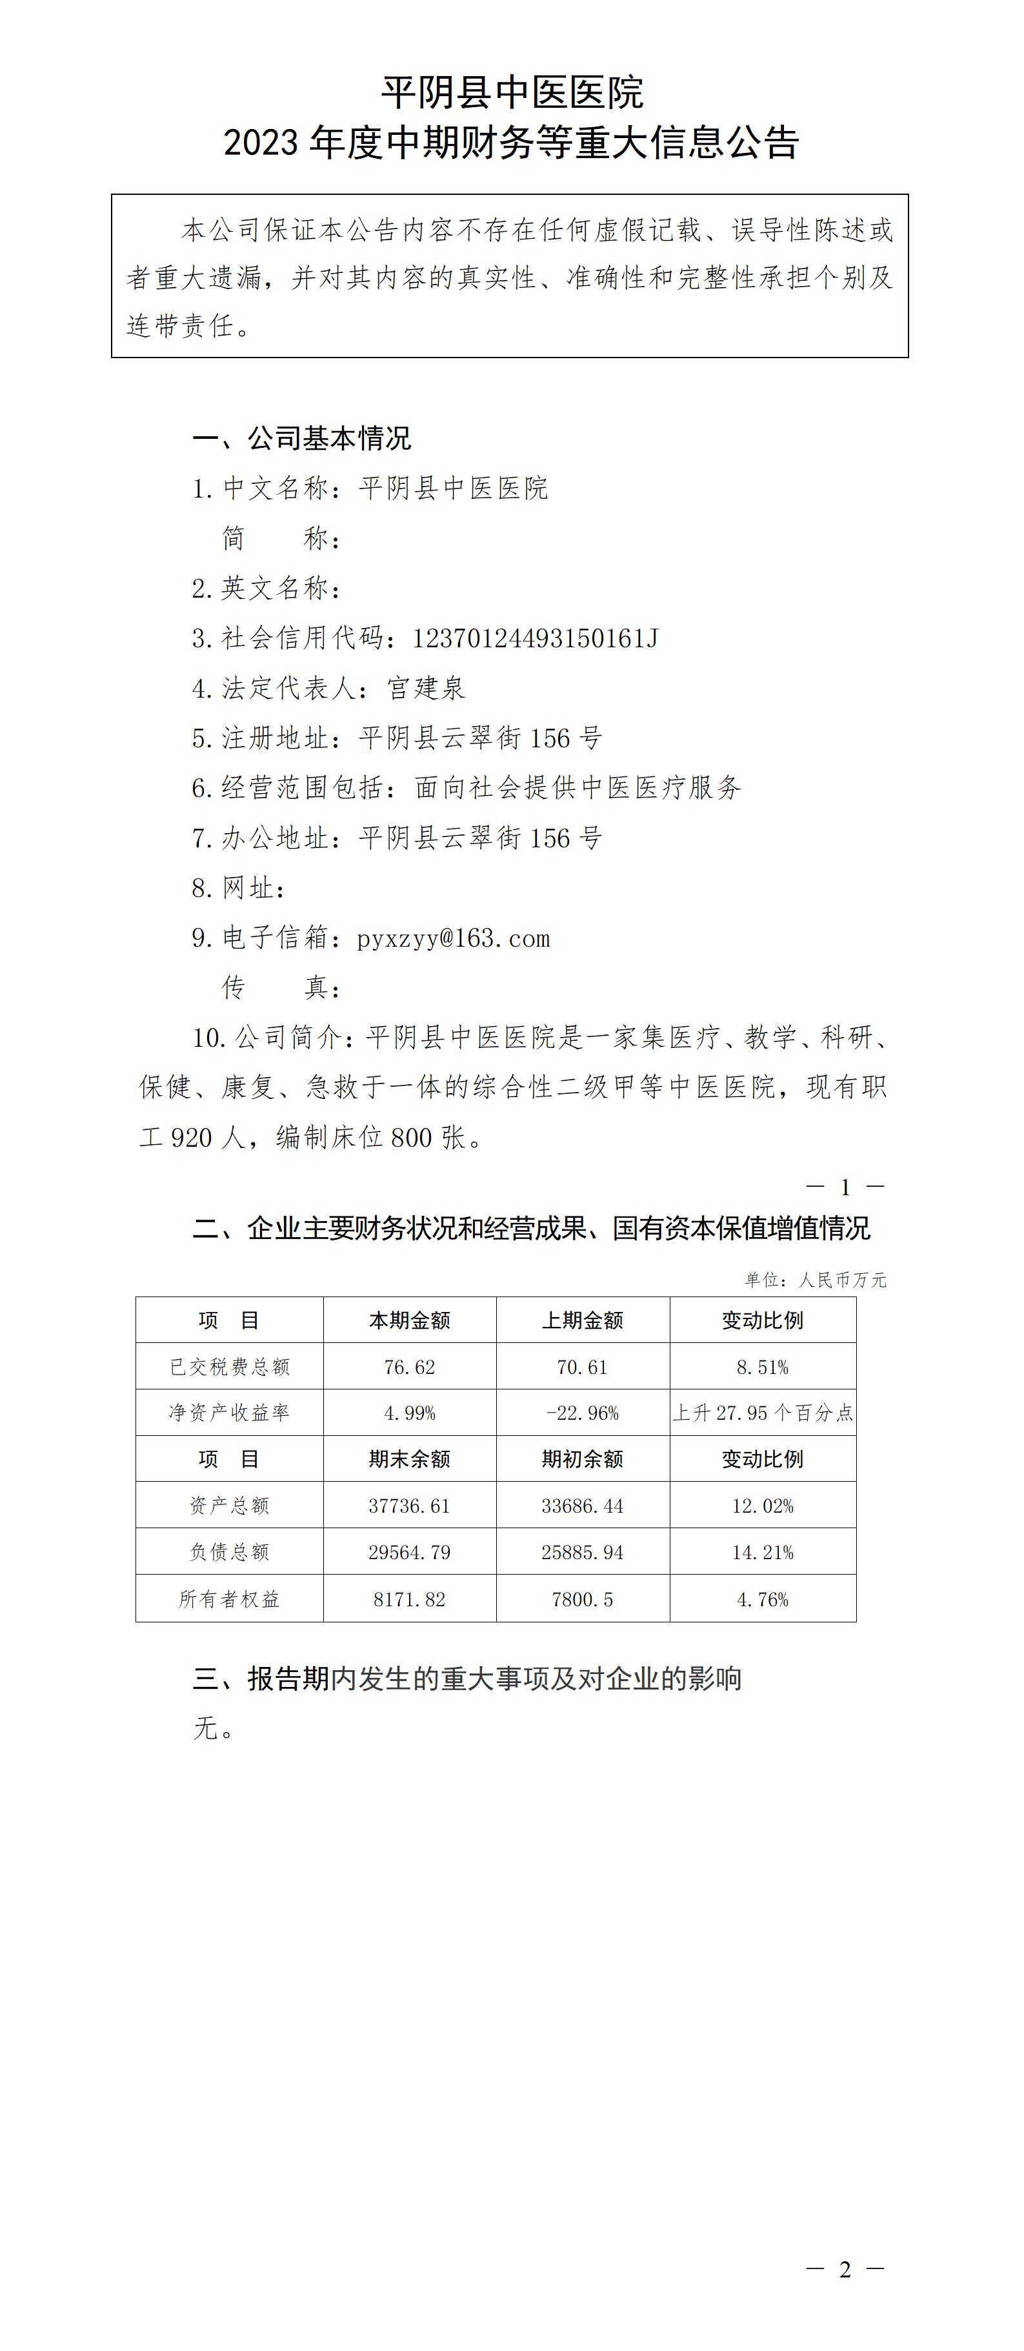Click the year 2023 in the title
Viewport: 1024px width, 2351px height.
click(x=261, y=143)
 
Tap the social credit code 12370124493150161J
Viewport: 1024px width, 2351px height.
click(x=535, y=638)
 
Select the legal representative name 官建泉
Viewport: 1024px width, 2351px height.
click(x=427, y=688)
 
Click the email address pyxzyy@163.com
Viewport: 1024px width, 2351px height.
click(x=454, y=938)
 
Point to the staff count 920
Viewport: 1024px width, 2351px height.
click(x=192, y=1137)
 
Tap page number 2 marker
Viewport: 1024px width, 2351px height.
click(x=845, y=2269)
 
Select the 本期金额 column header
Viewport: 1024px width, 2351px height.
click(x=410, y=1320)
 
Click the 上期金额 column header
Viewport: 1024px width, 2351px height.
click(x=582, y=1320)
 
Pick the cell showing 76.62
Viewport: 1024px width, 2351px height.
click(x=410, y=1367)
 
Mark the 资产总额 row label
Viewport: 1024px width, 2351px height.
click(x=229, y=1506)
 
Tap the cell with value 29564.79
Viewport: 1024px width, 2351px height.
click(x=410, y=1553)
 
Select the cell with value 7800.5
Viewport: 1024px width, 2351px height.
click(x=582, y=1599)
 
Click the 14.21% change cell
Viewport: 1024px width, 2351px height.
click(x=763, y=1553)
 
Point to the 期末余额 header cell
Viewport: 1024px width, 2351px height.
click(x=410, y=1459)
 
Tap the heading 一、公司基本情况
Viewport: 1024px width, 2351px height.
click(x=302, y=439)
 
